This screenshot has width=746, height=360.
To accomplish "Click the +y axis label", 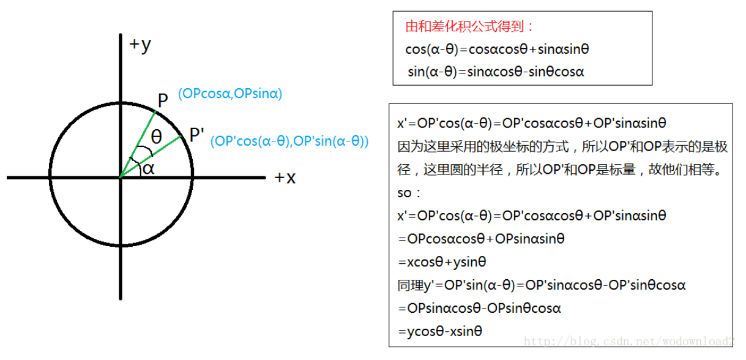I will [140, 45].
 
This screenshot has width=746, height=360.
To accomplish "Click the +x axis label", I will [285, 178].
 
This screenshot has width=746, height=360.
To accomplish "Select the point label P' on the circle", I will [196, 135].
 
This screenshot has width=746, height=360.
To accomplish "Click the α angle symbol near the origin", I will [149, 168].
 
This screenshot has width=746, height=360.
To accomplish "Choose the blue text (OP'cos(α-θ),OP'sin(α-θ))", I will [289, 141].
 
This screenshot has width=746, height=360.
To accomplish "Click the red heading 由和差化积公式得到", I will [469, 27].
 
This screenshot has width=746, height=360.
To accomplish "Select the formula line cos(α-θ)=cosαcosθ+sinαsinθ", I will [497, 50].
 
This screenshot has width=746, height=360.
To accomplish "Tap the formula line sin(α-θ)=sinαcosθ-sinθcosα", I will [496, 72].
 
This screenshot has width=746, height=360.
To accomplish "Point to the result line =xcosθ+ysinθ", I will [441, 262].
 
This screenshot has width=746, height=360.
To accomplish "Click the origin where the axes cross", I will [120, 178].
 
